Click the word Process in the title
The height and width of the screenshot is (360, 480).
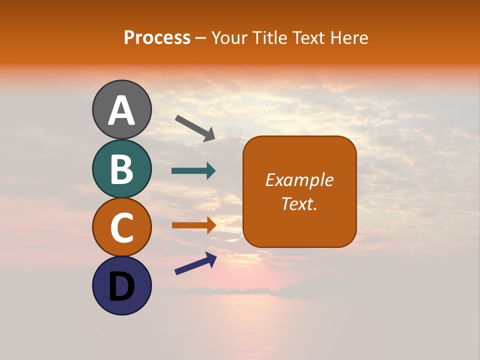click(x=157, y=37)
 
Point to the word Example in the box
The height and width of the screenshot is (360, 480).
click(x=299, y=180)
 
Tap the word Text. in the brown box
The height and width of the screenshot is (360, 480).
click(x=299, y=203)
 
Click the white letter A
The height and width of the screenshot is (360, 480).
click(x=121, y=111)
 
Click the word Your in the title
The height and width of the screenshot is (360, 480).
click(x=230, y=37)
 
